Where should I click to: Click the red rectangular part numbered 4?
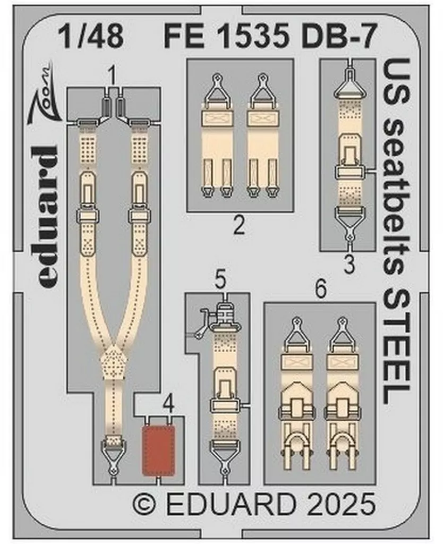point(158,450)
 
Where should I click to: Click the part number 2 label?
point(239,227)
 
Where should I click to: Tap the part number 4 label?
point(168,405)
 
